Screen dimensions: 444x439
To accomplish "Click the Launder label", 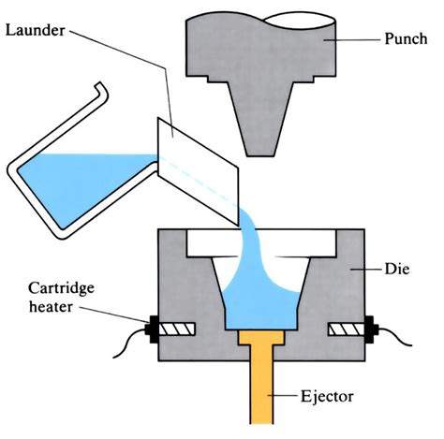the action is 36,31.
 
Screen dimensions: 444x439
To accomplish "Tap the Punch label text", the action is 406,39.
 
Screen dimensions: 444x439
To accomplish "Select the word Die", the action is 397,269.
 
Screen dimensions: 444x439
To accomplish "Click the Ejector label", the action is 327,397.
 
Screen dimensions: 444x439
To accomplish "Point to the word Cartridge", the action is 61,289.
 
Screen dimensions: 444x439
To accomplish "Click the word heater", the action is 51,307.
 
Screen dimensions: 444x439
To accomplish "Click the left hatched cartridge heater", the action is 177,329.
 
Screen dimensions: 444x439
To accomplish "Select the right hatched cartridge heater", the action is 347,329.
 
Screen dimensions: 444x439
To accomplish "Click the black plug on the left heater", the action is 153,329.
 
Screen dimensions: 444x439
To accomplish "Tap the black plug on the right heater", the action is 371,329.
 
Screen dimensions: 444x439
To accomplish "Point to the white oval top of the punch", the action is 301,21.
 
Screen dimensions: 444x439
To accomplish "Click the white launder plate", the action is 199,171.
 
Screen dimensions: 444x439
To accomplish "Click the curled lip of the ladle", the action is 102,89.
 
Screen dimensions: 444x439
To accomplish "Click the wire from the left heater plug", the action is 128,343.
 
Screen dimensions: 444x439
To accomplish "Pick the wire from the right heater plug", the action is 395,337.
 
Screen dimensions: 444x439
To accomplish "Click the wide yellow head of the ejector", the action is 261,338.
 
